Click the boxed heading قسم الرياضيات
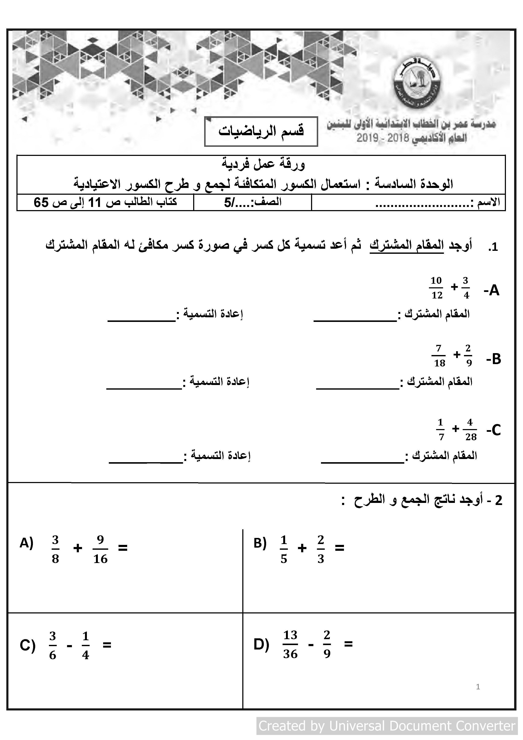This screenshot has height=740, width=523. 261,131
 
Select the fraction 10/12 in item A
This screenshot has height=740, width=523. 436,288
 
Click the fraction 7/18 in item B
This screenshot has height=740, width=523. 439,356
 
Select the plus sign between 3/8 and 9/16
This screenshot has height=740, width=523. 78,548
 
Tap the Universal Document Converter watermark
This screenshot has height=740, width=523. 387,726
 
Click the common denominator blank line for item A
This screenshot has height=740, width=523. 355,320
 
